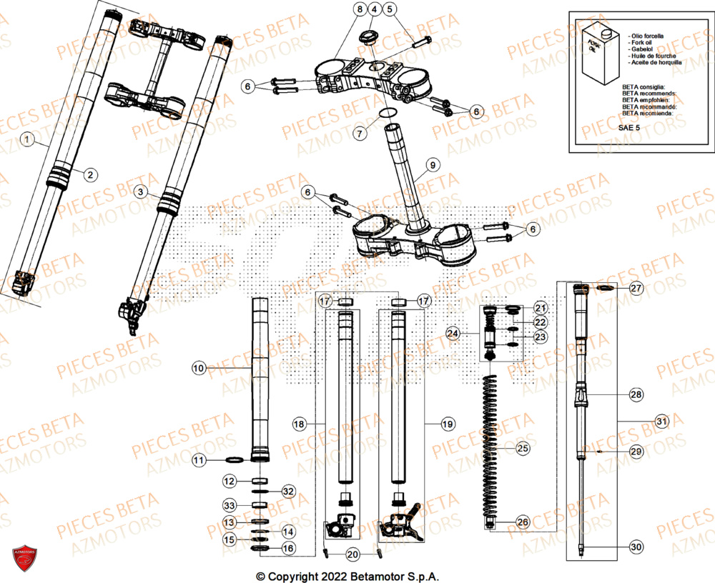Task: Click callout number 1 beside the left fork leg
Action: tap(26, 141)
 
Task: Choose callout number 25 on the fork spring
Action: tap(524, 448)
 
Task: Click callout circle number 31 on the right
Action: tap(662, 422)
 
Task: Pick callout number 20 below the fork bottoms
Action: tap(352, 555)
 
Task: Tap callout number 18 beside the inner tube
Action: tap(299, 424)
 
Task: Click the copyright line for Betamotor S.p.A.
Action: tap(347, 576)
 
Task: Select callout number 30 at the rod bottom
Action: tap(636, 547)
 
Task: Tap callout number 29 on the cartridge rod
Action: tap(636, 452)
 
